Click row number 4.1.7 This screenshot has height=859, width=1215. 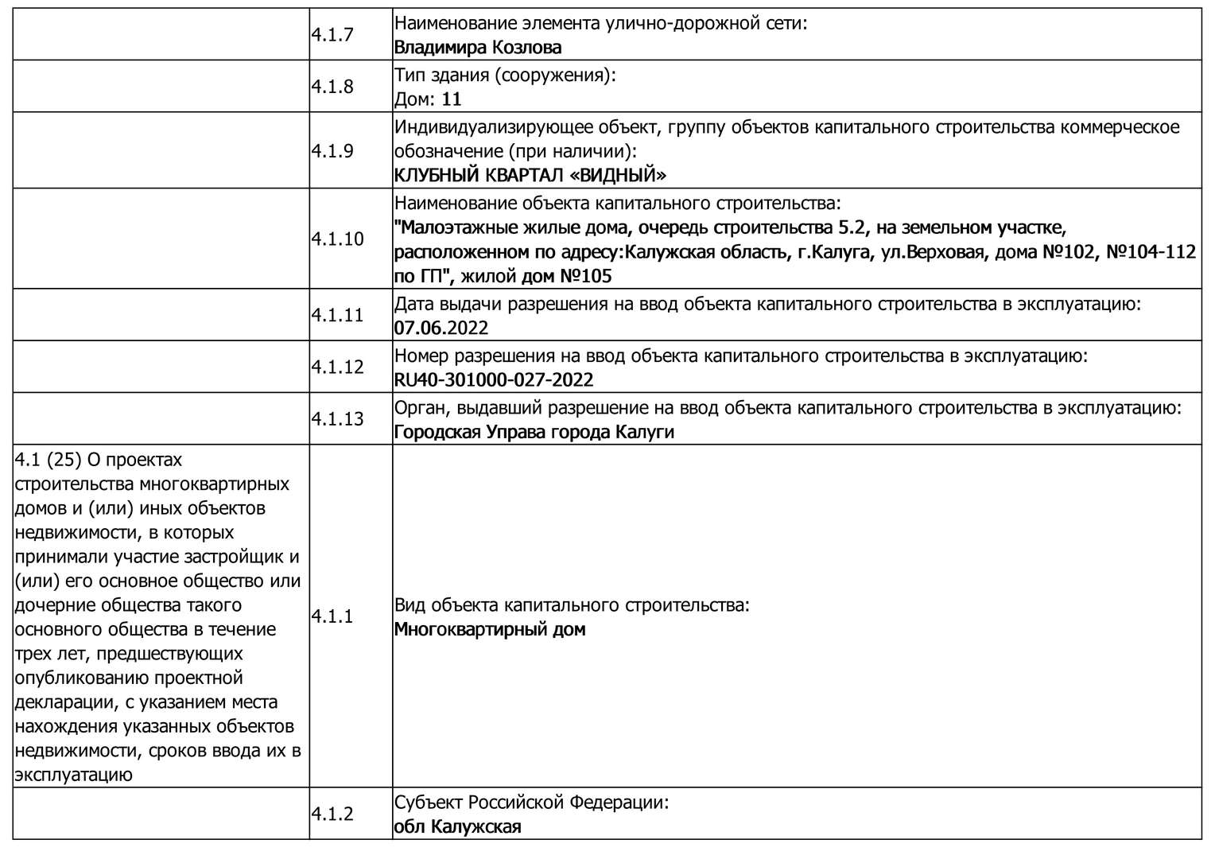[x=332, y=35]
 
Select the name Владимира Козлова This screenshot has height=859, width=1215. [x=477, y=47]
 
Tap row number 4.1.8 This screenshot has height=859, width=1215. [x=332, y=87]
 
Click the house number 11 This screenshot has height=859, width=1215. [x=452, y=99]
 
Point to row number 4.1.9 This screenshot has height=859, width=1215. [x=332, y=151]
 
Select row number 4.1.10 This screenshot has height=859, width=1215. [x=336, y=239]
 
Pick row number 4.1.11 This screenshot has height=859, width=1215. [x=336, y=316]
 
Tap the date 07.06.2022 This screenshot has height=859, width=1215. [x=441, y=328]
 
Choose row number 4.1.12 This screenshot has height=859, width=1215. [x=336, y=367]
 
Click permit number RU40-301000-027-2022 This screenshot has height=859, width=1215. [x=494, y=379]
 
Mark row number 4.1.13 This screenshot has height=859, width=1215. [x=336, y=419]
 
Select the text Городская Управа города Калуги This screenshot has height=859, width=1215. [x=534, y=432]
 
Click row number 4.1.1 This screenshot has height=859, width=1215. [x=332, y=616]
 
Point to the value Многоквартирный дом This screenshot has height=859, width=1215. [x=490, y=629]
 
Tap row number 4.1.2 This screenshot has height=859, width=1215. [x=332, y=814]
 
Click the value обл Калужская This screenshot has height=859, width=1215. [x=457, y=826]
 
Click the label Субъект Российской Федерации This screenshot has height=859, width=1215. [x=531, y=802]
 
